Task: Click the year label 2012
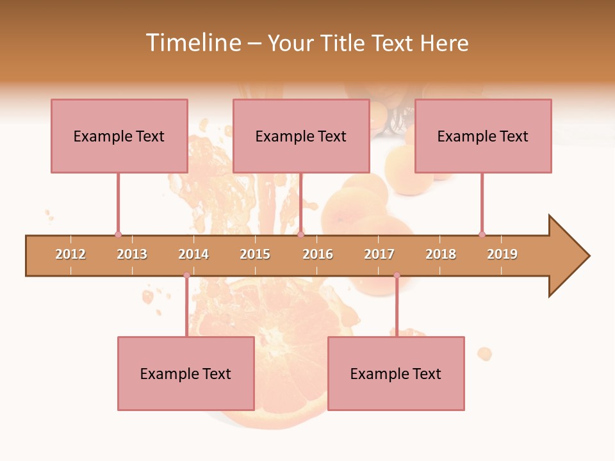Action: [x=70, y=254]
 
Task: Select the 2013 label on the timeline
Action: [x=132, y=254]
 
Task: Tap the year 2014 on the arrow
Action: [x=193, y=254]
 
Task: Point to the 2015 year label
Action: [x=255, y=254]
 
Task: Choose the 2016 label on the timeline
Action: [x=318, y=254]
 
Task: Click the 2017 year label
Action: [x=379, y=254]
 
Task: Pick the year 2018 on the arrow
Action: [x=441, y=254]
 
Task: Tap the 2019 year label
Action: [x=502, y=254]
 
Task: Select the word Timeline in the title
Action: [x=192, y=43]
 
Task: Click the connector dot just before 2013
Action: [x=118, y=234]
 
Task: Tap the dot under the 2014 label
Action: [x=186, y=275]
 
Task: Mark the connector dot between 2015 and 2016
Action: [x=300, y=234]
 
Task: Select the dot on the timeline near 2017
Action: [x=397, y=275]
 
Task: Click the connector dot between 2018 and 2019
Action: [x=482, y=234]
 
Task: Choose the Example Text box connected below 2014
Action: [x=186, y=373]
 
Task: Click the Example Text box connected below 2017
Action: [x=396, y=373]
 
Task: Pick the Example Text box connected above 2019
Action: [x=483, y=136]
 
